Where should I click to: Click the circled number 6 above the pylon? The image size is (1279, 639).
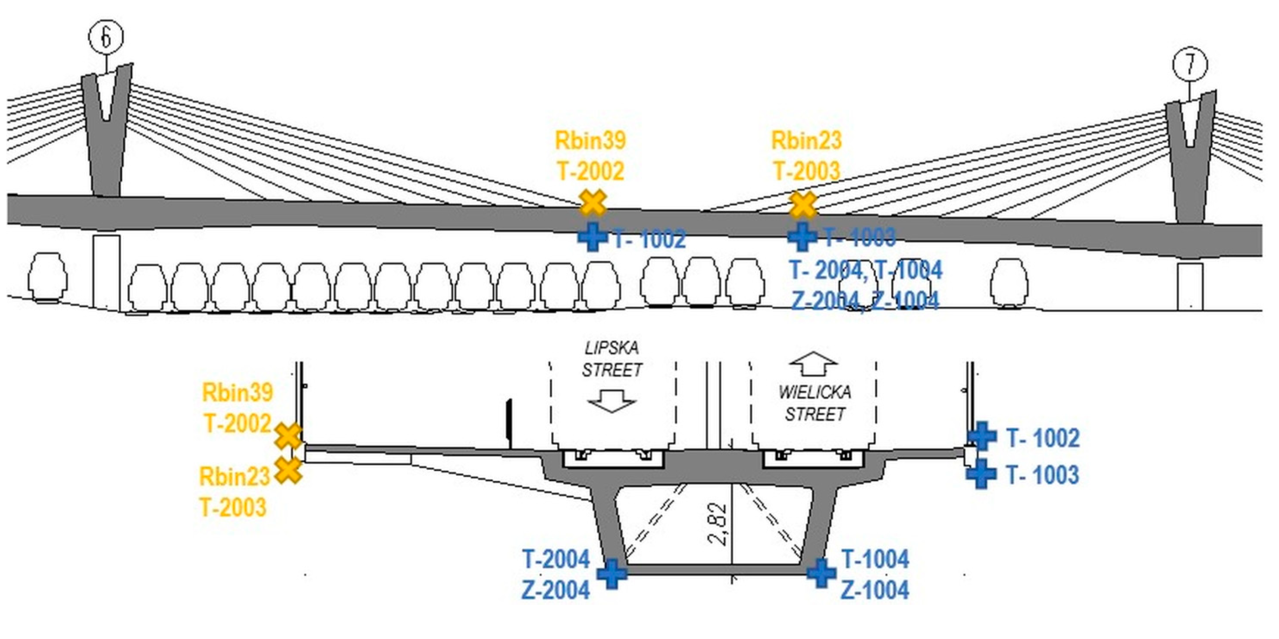click(x=106, y=37)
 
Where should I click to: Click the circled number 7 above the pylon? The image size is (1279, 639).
click(x=1190, y=65)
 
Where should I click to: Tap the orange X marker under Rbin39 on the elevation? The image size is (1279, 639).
click(x=593, y=203)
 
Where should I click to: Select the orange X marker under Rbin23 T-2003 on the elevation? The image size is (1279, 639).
click(x=803, y=204)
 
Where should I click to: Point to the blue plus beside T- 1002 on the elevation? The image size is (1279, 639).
click(x=592, y=236)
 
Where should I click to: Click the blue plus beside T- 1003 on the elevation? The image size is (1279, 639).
click(x=803, y=236)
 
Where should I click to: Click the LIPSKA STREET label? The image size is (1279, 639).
click(x=612, y=359)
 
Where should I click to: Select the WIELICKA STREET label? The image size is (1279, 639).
click(x=815, y=403)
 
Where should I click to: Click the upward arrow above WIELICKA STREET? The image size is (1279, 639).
click(x=813, y=364)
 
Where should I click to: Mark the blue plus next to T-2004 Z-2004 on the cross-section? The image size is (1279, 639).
click(x=612, y=574)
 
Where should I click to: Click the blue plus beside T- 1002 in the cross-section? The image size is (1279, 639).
click(x=982, y=436)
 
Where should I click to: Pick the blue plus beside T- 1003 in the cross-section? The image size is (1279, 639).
click(x=981, y=474)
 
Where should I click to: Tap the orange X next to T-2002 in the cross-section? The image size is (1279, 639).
click(x=288, y=436)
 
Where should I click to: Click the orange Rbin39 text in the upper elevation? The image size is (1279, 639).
click(x=590, y=141)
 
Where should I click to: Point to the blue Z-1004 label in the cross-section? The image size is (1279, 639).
click(x=875, y=590)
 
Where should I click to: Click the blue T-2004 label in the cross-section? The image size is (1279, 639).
click(x=556, y=560)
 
